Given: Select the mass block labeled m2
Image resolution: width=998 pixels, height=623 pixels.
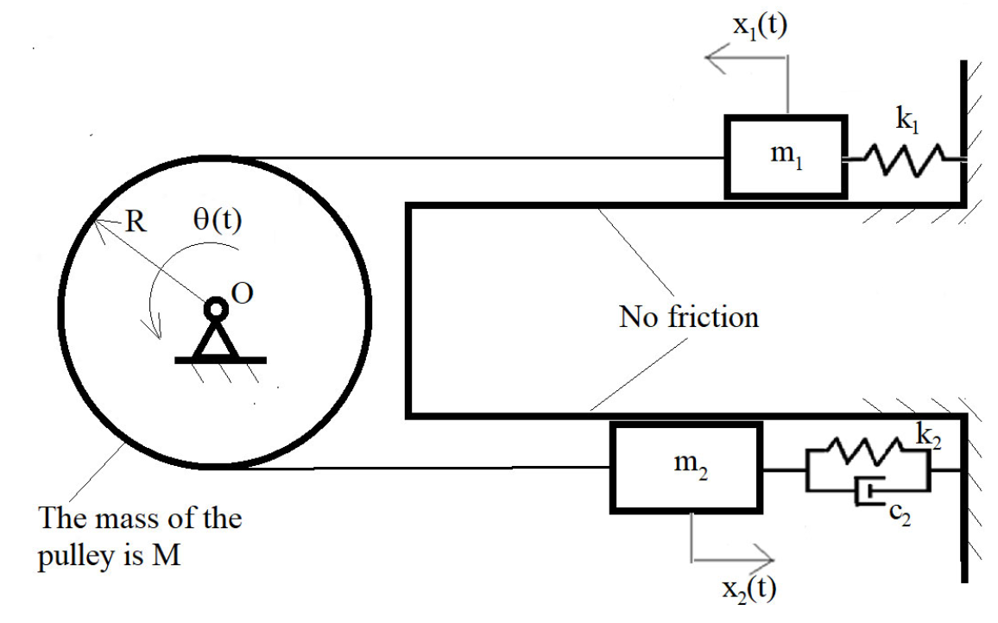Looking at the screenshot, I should pos(686,469).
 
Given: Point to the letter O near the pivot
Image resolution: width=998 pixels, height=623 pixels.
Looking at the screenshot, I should pos(243,294).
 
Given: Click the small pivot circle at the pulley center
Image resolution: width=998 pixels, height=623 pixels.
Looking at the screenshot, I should pos(215,308).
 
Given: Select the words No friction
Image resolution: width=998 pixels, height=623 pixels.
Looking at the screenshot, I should pos(688,317).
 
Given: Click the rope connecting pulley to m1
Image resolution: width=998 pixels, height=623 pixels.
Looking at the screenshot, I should pos(483,158).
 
